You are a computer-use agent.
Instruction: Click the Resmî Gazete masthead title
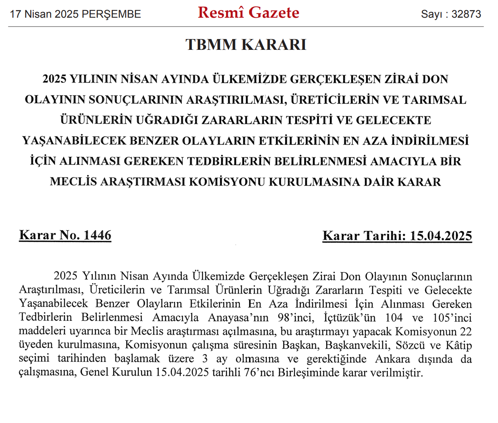click(248, 13)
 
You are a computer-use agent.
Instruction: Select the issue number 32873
click(466, 14)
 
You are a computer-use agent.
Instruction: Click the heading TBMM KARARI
click(246, 45)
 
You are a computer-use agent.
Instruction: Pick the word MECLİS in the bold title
click(73, 182)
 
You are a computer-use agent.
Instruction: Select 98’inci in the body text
click(295, 318)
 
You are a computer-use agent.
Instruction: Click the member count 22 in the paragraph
click(465, 331)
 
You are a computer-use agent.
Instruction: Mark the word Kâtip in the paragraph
click(459, 345)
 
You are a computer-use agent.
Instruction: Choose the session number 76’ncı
click(257, 372)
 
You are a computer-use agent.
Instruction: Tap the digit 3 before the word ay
click(205, 359)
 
